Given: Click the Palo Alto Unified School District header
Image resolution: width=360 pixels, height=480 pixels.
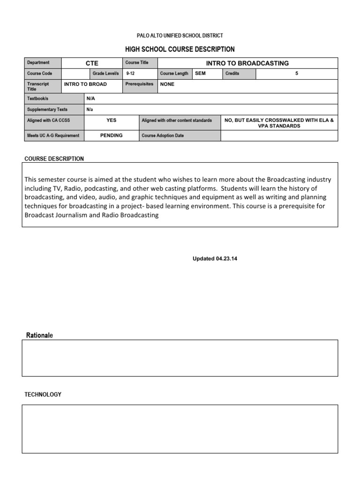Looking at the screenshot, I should point(180,36).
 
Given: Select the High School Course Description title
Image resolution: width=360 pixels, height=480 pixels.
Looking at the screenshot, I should point(180,49).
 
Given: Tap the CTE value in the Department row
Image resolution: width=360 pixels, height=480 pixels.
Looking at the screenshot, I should point(92,63).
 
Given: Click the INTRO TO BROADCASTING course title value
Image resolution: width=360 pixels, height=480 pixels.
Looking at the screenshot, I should point(247,63).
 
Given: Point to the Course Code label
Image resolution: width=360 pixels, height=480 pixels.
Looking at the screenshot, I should point(40,74).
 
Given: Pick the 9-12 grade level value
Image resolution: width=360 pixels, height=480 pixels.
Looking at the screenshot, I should point(131,74).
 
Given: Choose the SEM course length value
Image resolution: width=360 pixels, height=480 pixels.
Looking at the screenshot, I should point(200,74).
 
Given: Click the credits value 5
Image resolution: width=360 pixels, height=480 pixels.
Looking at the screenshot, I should point(296,74).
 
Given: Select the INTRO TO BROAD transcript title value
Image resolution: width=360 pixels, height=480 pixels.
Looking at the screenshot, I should point(85,84).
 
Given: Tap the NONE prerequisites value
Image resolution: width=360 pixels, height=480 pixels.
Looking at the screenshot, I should point(167,84).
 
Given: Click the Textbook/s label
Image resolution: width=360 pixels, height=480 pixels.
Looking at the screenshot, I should point(37,99).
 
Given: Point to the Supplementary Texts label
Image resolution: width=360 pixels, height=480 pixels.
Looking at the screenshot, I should point(47,110).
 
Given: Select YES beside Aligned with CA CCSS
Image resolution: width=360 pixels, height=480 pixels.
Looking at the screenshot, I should point(111,120).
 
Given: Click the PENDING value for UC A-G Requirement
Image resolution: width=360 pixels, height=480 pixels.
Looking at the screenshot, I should point(111,135).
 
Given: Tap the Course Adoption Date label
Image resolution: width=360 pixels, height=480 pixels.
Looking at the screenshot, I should point(163,136).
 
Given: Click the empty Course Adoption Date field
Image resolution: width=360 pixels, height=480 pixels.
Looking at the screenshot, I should point(279,136).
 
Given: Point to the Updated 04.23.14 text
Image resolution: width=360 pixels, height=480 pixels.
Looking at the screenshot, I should point(215,259).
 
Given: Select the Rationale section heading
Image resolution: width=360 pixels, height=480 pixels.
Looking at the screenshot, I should point(39,335).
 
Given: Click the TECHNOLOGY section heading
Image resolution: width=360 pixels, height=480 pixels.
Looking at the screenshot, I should point(43,395).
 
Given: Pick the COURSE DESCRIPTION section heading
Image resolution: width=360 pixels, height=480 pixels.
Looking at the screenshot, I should point(54,159).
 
